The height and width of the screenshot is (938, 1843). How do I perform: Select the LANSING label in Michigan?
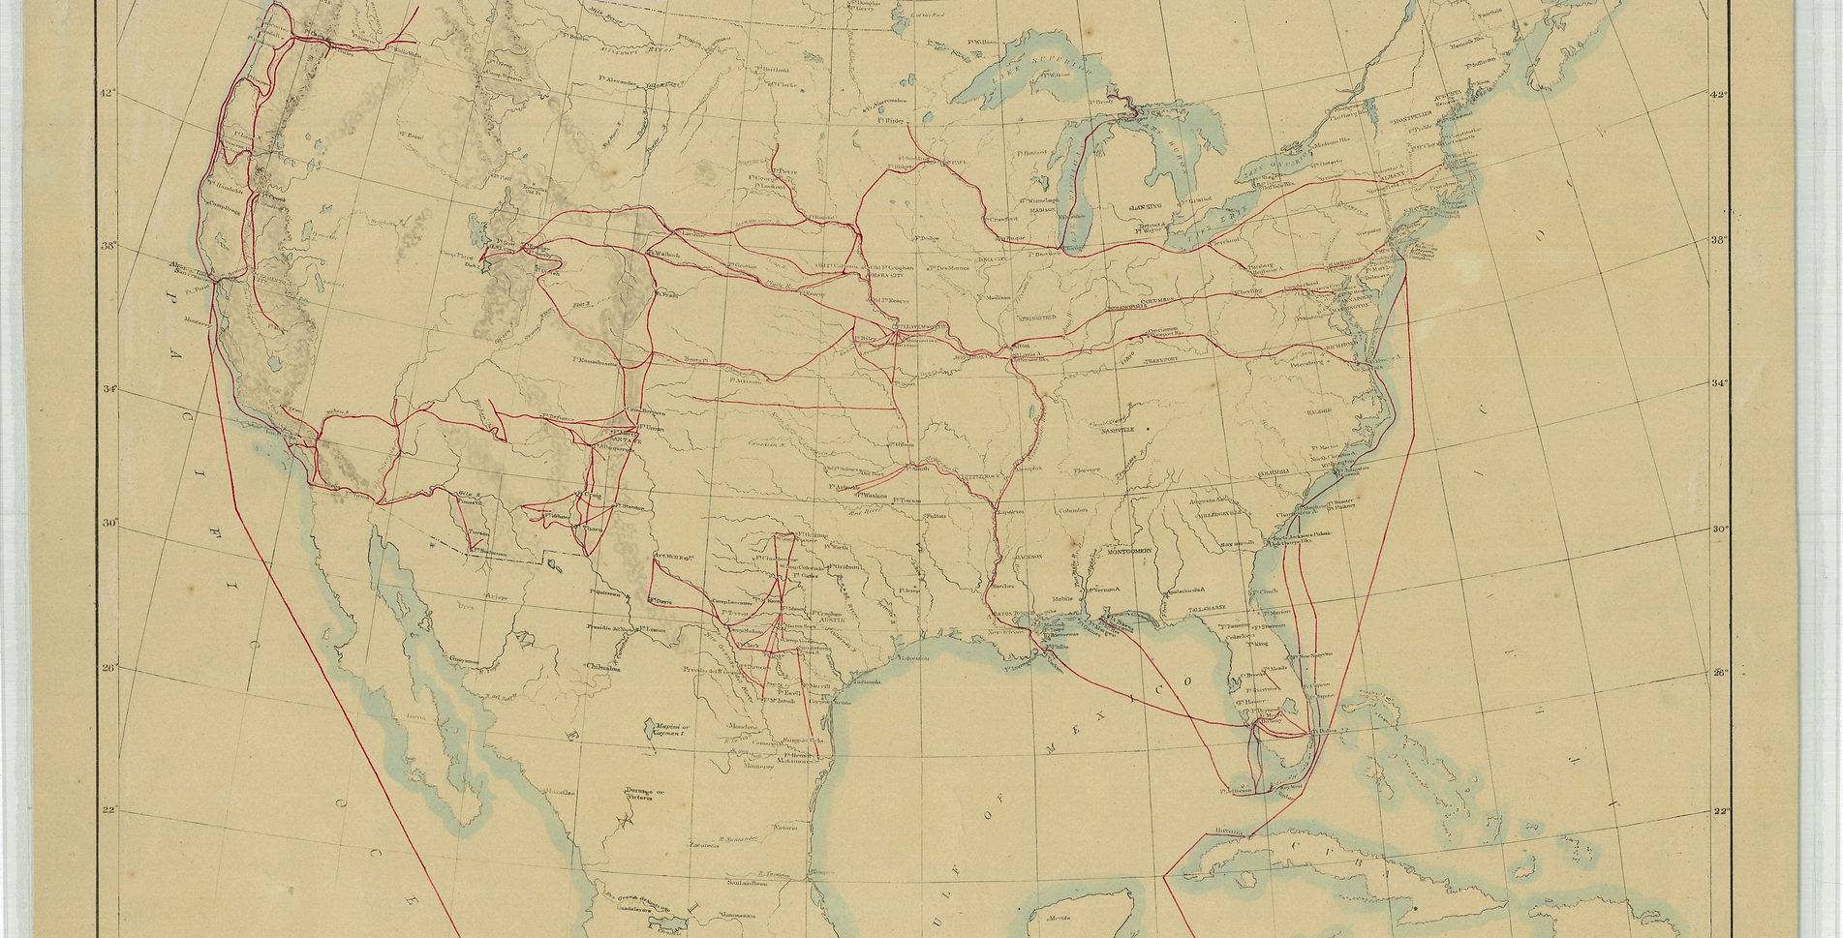tap(1146, 207)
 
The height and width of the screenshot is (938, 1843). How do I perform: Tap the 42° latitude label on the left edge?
tap(107, 93)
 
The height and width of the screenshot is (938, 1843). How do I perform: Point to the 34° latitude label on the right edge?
tap(1719, 383)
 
